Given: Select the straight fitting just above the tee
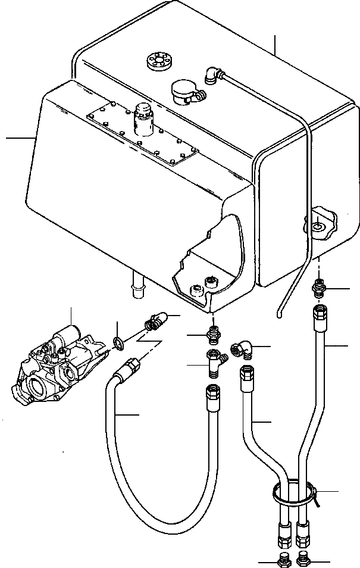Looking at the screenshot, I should pos(212,335).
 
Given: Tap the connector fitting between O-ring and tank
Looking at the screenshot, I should pos(155,322).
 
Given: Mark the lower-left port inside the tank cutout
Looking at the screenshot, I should pos(195,291).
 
